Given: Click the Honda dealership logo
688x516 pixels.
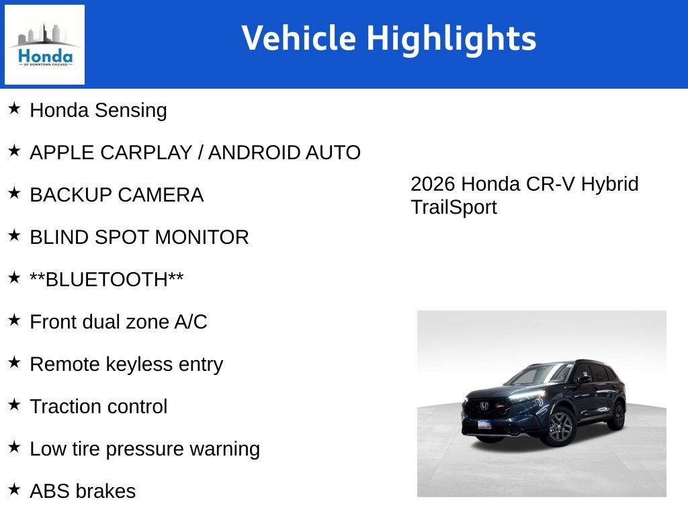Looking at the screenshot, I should tap(44, 45).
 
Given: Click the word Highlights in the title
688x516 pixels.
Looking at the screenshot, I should tap(451, 38).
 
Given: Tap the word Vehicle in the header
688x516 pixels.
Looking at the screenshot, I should tap(298, 38).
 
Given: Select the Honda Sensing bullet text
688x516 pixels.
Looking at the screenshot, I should tap(98, 110).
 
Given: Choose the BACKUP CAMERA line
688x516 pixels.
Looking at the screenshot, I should tap(116, 195).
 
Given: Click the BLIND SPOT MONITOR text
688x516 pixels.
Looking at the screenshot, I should tap(139, 237).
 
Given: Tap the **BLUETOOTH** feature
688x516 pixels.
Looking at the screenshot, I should tap(107, 279).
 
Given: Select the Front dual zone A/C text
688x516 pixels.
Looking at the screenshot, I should tap(118, 322).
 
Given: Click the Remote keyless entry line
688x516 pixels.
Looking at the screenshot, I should tap(126, 364).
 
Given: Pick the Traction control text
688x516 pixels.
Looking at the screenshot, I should tap(98, 406).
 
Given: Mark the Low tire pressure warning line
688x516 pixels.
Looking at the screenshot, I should tap(144, 449).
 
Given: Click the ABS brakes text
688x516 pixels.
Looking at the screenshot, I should tap(83, 491).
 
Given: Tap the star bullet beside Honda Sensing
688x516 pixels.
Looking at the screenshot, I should tap(14, 108).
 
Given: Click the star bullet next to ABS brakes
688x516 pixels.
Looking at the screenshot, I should tap(14, 489).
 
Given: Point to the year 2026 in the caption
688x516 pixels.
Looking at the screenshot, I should tap(433, 184).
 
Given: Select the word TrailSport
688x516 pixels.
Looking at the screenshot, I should tap(454, 208).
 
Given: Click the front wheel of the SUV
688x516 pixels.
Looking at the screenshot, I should tap(560, 427).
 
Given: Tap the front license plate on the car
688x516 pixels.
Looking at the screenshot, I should tap(484, 425).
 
